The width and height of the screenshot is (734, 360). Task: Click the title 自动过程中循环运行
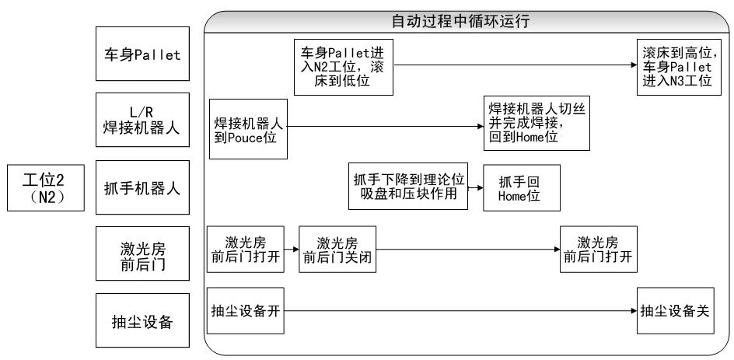coord(469,22)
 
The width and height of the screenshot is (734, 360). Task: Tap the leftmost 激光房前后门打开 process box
coord(244,250)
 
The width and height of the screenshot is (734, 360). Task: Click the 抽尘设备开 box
coord(244,312)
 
